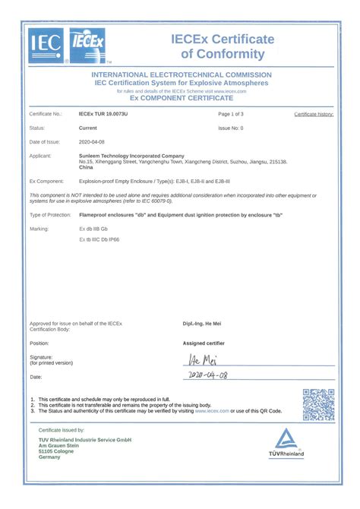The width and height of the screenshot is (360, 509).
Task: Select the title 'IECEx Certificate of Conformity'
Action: click(x=222, y=46)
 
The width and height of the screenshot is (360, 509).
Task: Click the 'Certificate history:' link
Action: click(x=314, y=114)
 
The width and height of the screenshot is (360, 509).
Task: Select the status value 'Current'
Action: click(x=87, y=128)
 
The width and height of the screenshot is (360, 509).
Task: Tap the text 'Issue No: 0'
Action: click(x=231, y=128)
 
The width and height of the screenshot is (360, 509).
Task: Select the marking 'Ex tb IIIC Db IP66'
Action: click(x=99, y=239)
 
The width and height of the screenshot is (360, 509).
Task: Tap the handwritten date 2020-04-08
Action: click(x=207, y=375)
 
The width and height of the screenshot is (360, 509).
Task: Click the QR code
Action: click(x=318, y=404)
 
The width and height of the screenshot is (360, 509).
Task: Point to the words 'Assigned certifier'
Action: click(x=204, y=343)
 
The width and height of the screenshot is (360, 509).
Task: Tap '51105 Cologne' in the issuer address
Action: click(x=56, y=451)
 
